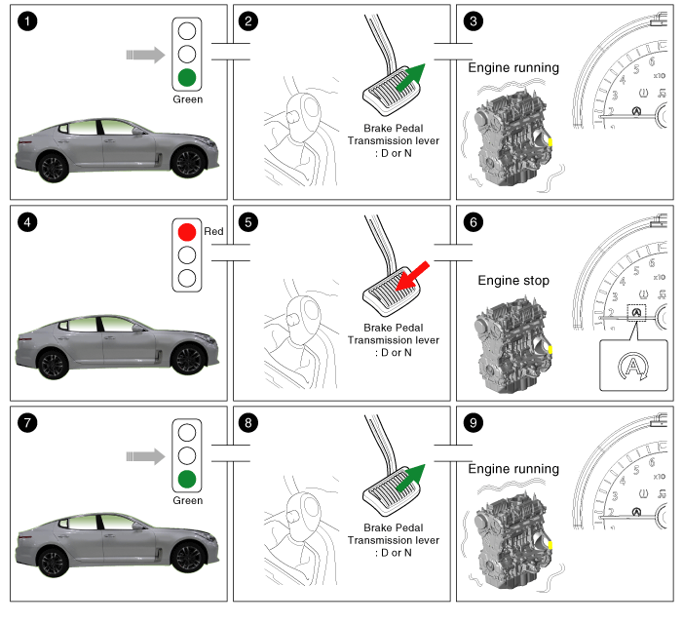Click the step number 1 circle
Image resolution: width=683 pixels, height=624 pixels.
pos(27,21)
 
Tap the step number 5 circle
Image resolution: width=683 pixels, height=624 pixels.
pos(248,222)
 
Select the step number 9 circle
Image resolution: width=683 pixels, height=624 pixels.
pos(473,423)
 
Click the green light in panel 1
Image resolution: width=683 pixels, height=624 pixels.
pos(188,78)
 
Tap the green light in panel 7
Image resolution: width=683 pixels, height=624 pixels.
pos(188,479)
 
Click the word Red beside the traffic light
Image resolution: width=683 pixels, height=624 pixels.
pos(214,233)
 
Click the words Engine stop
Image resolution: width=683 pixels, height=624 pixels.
pos(513,280)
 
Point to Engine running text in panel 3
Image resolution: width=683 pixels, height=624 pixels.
pos(513,68)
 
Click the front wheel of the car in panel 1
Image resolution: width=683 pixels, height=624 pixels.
pos(187,162)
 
